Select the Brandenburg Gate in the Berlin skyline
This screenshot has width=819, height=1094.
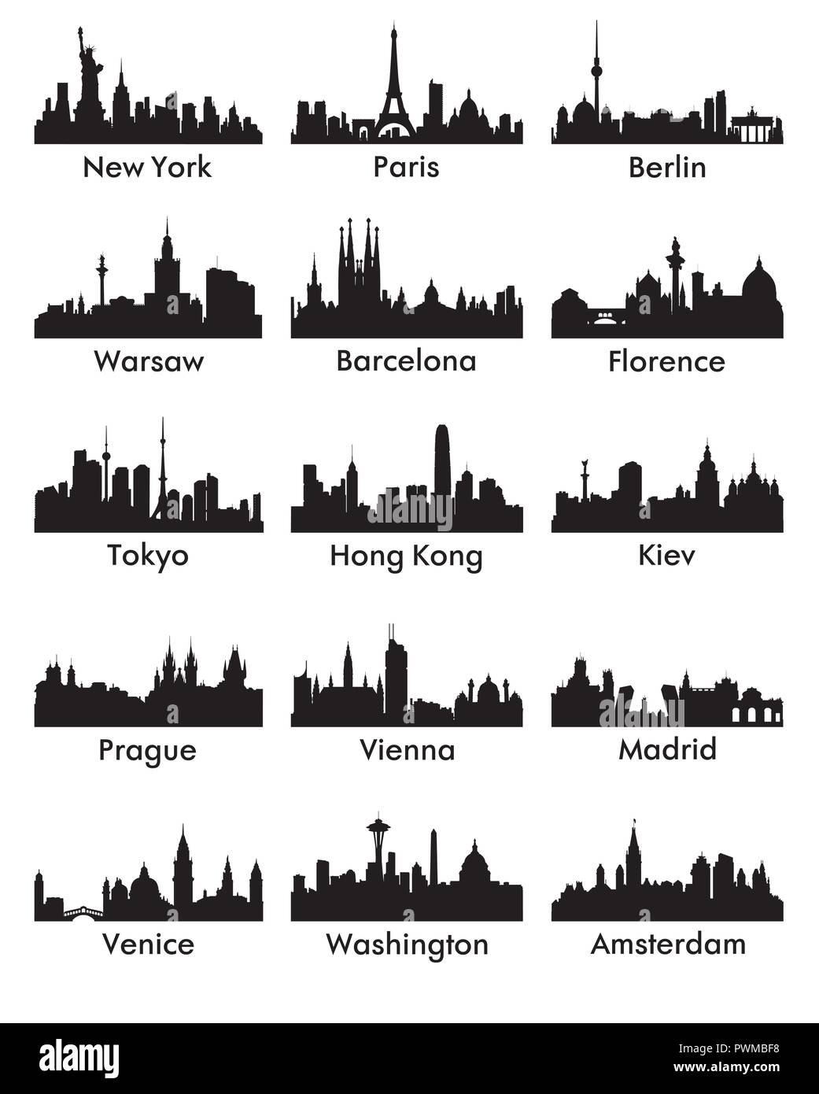pos(753,128)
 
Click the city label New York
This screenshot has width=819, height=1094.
pos(147,167)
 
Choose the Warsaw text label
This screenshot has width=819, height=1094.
pos(148,361)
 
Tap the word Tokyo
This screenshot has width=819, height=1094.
pos(148,555)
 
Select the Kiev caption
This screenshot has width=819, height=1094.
pos(666,555)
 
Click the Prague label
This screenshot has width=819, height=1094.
pos(147,750)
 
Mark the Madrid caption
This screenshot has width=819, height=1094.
pos(667,749)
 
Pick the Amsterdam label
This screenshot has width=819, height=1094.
pos(668,944)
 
